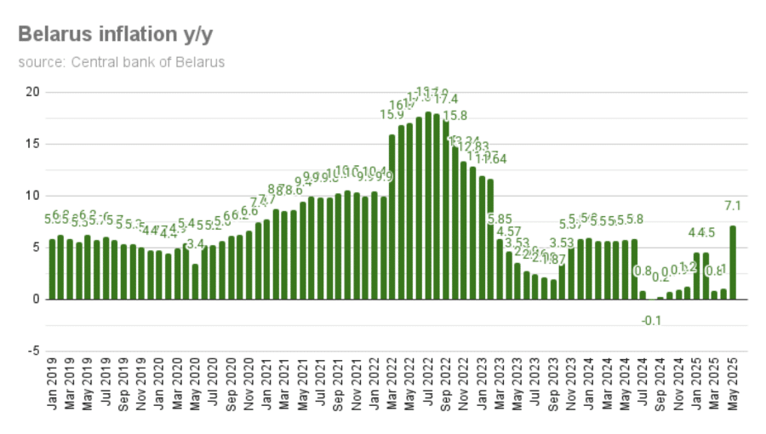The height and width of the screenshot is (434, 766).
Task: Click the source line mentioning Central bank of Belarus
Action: (x=121, y=62)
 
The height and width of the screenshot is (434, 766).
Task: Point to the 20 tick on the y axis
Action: (x=31, y=92)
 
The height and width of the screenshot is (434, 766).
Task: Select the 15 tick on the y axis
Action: (x=31, y=144)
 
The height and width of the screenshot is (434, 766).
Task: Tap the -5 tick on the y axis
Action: (x=31, y=351)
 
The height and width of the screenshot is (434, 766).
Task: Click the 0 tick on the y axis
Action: (x=35, y=300)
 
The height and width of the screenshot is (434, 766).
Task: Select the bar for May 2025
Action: (x=733, y=262)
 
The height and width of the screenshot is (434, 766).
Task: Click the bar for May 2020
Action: (x=195, y=282)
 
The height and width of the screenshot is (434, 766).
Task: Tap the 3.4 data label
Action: (x=195, y=244)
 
